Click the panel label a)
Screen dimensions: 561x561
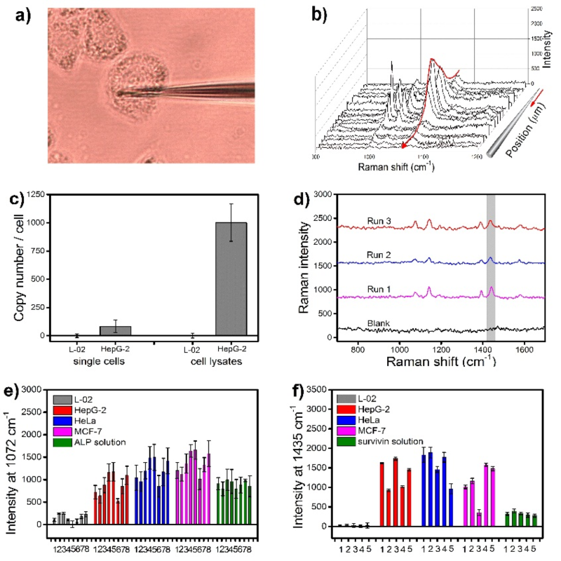pyautogui.click(x=24, y=17)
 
